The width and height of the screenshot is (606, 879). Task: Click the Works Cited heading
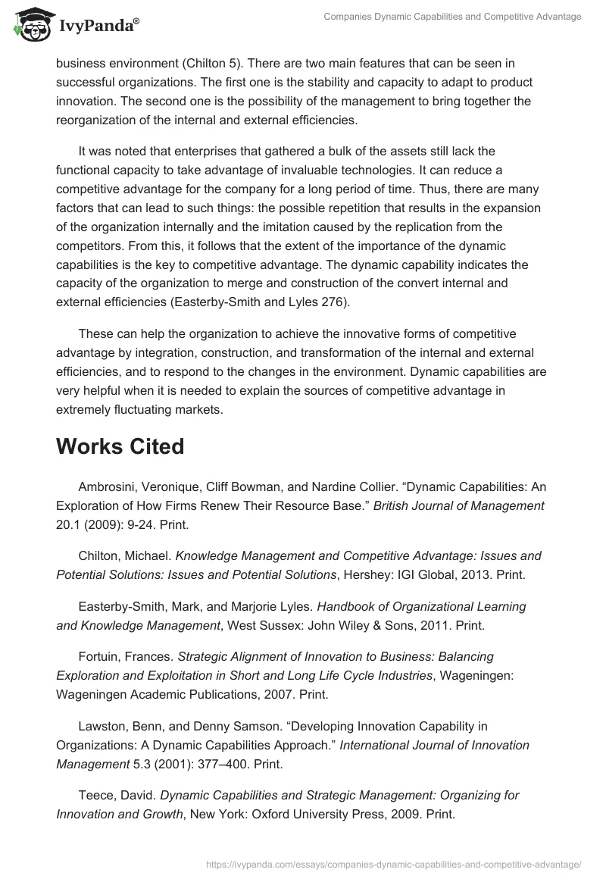[120, 446]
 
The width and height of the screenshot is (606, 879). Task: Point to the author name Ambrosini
[107, 486]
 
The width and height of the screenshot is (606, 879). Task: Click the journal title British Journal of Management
[459, 505]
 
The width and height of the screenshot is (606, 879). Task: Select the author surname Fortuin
[102, 656]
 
